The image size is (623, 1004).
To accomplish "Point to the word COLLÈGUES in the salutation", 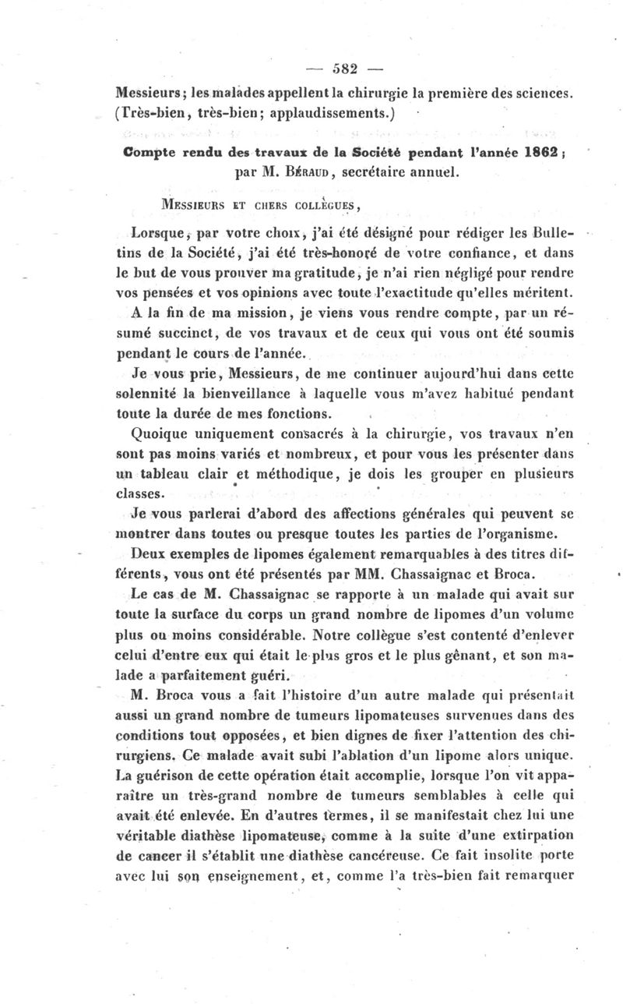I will [x=319, y=206].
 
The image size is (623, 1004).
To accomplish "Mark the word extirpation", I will [x=536, y=836].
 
